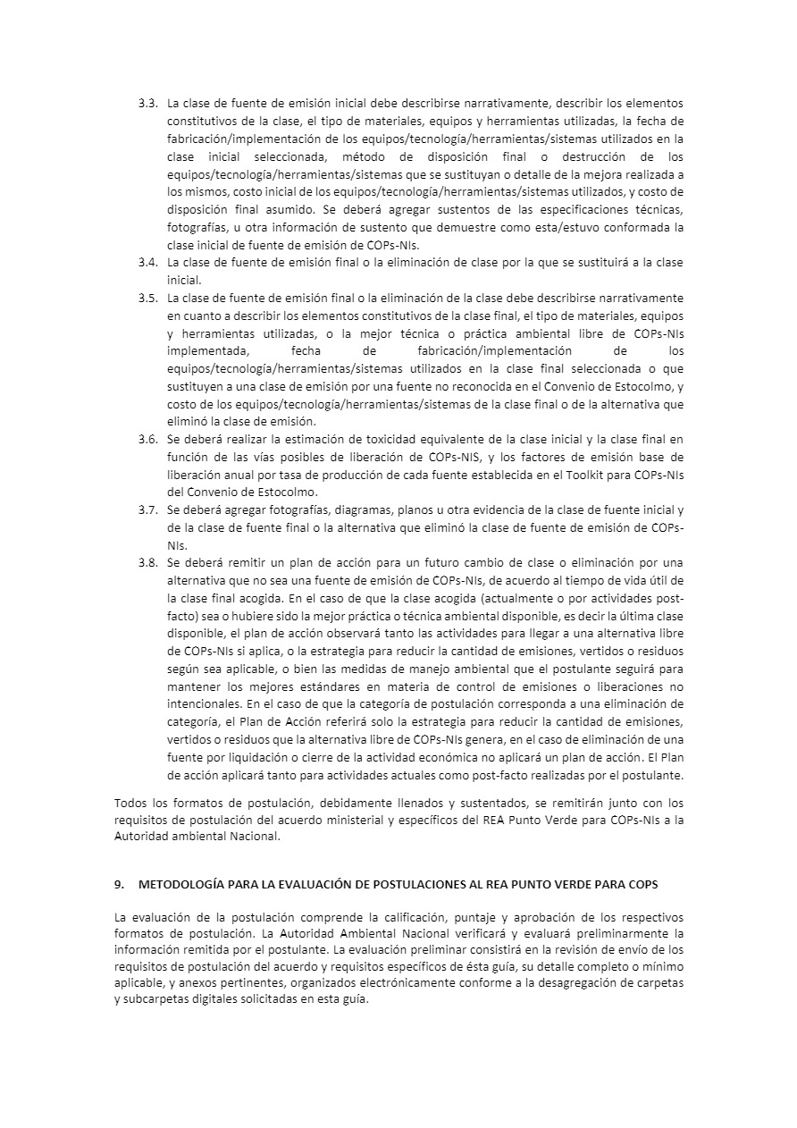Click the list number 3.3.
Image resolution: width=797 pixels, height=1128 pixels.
tap(147, 103)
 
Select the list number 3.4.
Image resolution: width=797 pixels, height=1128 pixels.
tap(147, 262)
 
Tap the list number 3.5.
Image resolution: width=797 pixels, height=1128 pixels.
tap(147, 298)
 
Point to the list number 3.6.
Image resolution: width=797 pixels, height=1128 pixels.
tap(147, 439)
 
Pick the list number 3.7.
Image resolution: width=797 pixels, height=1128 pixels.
tap(147, 509)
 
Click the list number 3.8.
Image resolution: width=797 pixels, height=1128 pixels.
tap(147, 563)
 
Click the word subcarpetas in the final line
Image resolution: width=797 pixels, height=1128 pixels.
tap(165, 1000)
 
